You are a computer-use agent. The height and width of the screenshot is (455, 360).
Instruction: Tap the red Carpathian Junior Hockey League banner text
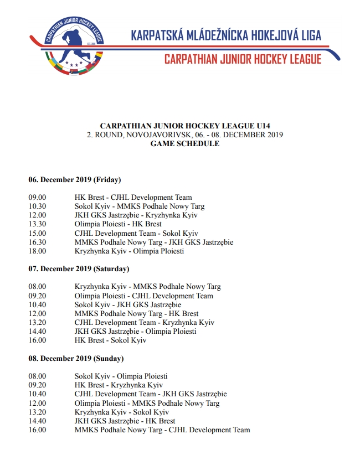point(243,59)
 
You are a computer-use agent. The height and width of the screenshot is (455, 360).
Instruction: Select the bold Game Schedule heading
point(184,144)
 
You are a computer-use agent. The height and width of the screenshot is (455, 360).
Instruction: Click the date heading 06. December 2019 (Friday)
point(75,179)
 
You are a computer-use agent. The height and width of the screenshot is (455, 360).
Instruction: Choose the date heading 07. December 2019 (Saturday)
point(79,269)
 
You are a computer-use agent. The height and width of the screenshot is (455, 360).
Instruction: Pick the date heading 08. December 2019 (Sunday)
point(76,358)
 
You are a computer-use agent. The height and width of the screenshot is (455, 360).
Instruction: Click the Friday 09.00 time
point(37,198)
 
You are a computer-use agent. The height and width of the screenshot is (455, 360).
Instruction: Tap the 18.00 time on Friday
point(37,251)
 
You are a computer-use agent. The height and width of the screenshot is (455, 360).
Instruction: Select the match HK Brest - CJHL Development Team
point(133,198)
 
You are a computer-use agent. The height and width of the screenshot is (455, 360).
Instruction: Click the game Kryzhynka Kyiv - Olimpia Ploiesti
point(129,251)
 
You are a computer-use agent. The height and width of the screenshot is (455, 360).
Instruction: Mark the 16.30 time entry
point(37,242)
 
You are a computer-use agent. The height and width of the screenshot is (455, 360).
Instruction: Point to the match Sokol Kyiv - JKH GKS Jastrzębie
point(128,304)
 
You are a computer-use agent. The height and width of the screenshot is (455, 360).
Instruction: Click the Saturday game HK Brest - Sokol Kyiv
point(110,340)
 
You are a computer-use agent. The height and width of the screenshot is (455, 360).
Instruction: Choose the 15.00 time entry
point(37,233)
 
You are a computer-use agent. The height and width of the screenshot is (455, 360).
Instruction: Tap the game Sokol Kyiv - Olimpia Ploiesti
point(121,376)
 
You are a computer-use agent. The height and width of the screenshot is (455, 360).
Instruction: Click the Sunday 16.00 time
point(37,430)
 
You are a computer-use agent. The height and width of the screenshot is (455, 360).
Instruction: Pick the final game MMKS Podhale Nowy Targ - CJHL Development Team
point(162,430)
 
